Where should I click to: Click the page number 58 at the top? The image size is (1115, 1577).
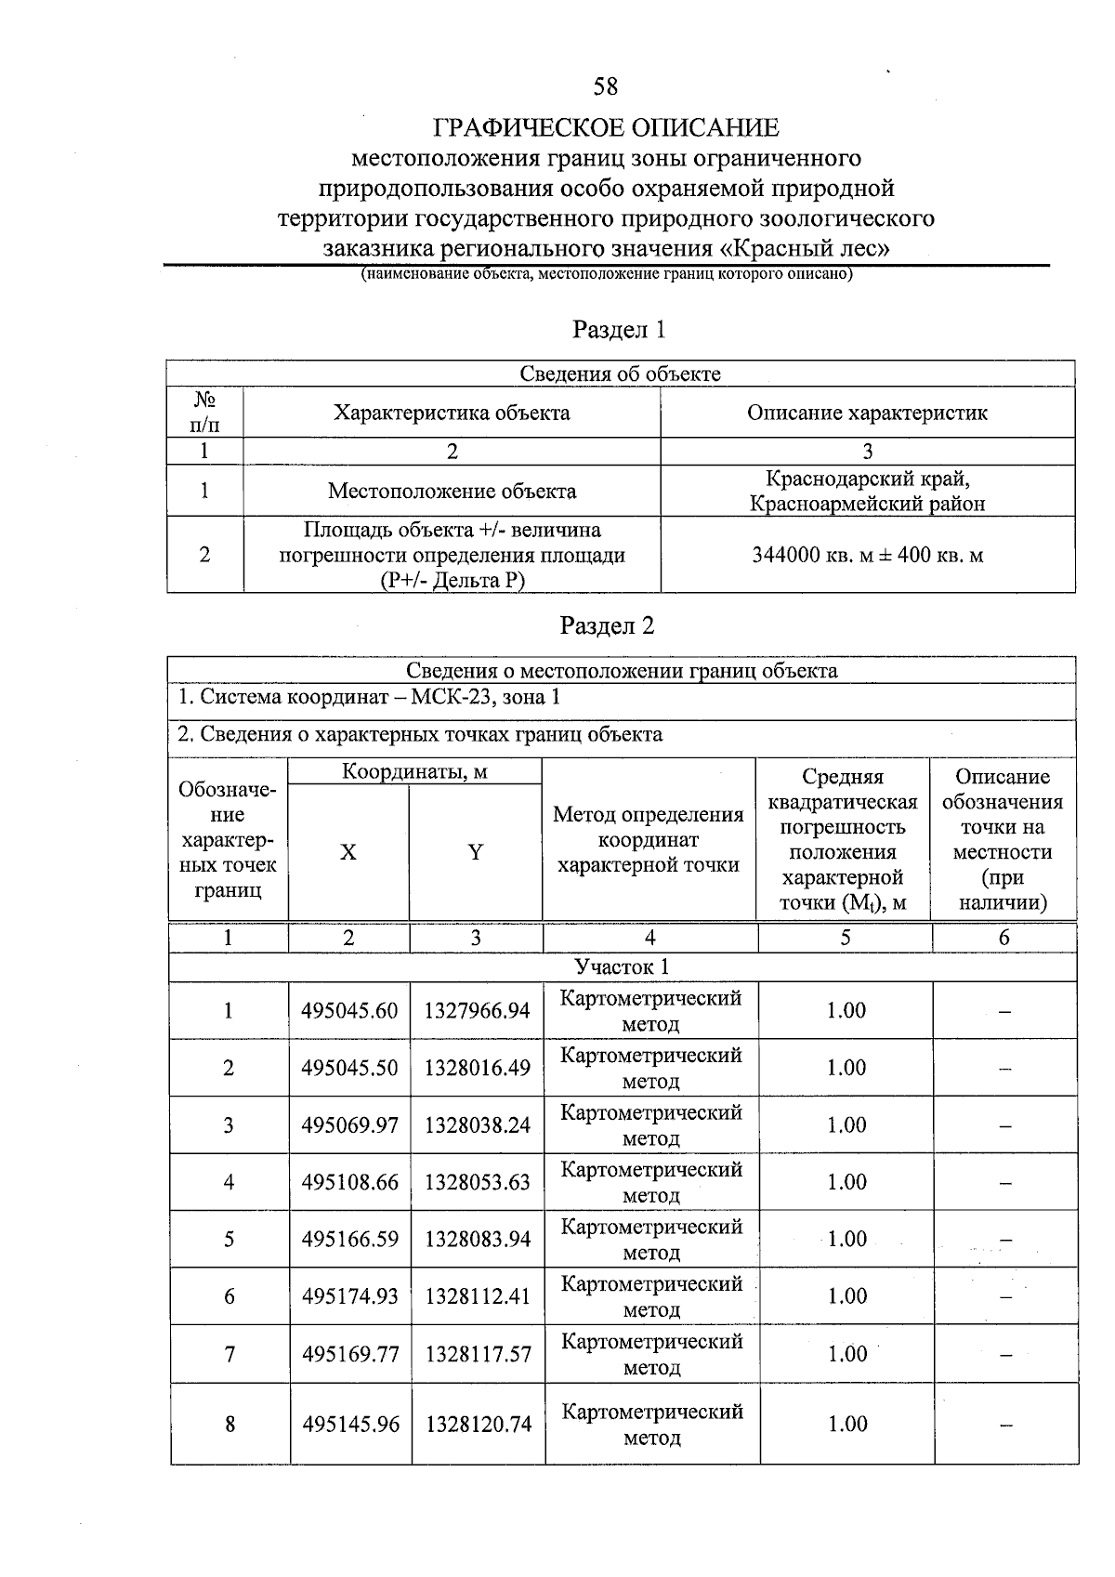click(x=605, y=86)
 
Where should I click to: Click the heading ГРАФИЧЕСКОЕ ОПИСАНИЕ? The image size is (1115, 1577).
click(x=606, y=127)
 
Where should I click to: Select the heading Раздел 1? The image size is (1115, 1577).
click(x=619, y=330)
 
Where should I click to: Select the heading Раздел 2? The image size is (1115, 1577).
click(x=607, y=625)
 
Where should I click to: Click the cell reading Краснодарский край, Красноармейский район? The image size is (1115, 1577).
click(x=867, y=492)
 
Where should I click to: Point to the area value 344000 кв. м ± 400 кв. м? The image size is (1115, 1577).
click(x=867, y=556)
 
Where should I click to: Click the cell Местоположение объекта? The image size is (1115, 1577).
click(x=452, y=492)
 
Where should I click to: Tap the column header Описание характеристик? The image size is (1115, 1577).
click(x=867, y=413)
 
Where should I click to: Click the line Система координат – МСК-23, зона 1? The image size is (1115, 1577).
click(x=369, y=697)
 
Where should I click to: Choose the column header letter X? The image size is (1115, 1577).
click(x=348, y=852)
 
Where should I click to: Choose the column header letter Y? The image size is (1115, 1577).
click(x=475, y=852)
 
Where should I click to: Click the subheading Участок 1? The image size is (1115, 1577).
click(x=622, y=966)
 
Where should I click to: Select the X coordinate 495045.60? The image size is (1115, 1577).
click(x=349, y=1011)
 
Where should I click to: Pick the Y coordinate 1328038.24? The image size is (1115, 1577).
click(x=478, y=1125)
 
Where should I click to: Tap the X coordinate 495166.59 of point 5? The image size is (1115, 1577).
click(x=349, y=1240)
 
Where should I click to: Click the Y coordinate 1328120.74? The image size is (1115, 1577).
click(x=478, y=1424)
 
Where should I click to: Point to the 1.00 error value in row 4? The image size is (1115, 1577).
click(x=846, y=1182)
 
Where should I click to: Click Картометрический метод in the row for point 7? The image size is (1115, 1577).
click(x=651, y=1354)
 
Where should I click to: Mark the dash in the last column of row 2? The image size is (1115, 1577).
click(x=1004, y=1069)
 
